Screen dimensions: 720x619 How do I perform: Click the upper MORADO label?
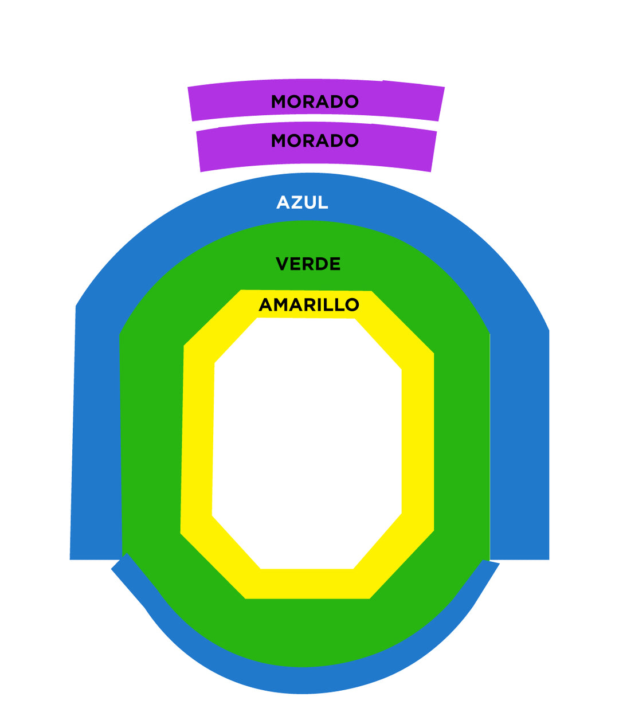315,101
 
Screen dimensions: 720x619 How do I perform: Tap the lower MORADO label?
315,140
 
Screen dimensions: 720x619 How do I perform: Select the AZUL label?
302,202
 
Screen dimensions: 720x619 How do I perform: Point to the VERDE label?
308,264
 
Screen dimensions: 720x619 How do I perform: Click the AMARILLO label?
309,304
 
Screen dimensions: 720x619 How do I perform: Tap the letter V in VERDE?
281,264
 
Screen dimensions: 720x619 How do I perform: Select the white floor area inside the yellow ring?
307,441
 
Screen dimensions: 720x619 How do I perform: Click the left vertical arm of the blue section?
96,436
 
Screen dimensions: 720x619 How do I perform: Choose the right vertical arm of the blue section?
519,447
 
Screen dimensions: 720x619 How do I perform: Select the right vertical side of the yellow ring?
418,441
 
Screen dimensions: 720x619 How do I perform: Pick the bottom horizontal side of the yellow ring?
307,584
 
